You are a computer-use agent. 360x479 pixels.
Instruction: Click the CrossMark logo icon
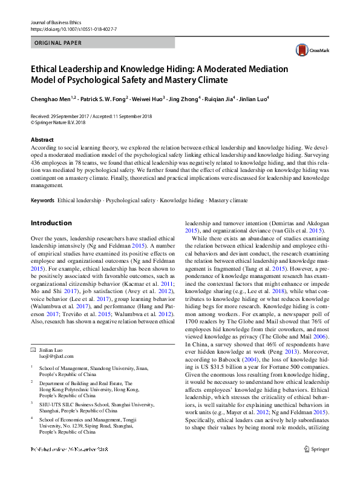[x=301, y=50]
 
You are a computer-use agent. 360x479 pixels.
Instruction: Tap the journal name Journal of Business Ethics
[x=56, y=22]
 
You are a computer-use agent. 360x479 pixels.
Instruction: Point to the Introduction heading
[x=51, y=222]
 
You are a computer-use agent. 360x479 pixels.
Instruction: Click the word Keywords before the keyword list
[x=42, y=200]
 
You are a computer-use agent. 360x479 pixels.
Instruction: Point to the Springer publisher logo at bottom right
[x=316, y=466]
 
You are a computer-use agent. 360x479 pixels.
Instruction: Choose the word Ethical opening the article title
[x=47, y=69]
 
